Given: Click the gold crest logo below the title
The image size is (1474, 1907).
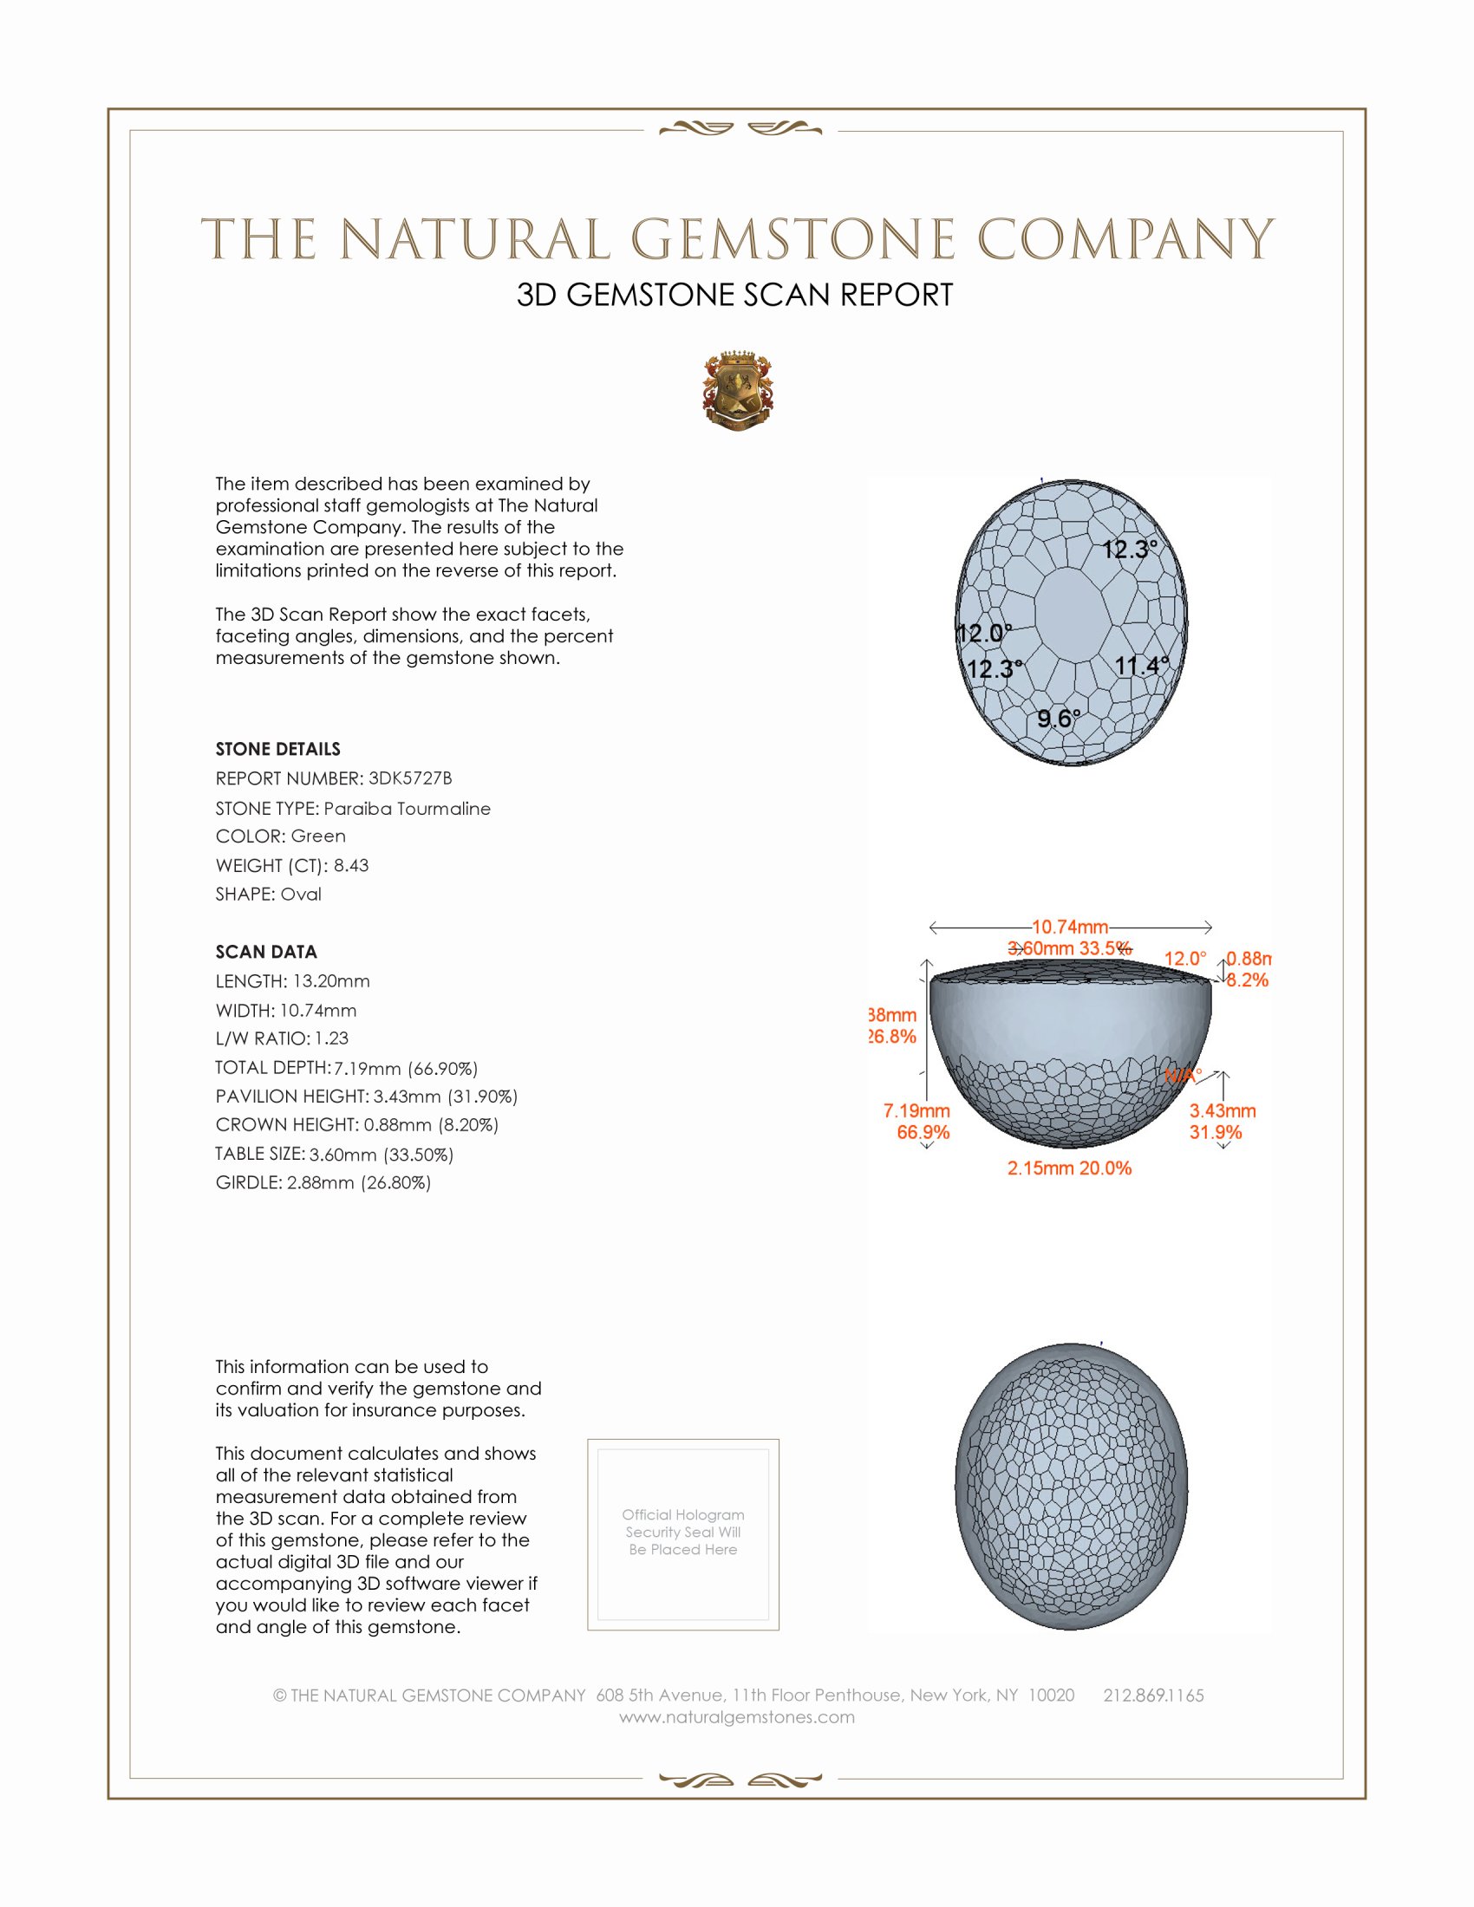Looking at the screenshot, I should pyautogui.click(x=738, y=391).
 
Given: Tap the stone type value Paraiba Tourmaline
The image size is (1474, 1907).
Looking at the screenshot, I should pyautogui.click(x=407, y=809).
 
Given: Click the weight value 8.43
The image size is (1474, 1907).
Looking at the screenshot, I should pyautogui.click(x=351, y=865).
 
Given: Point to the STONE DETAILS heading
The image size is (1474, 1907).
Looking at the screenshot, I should pyautogui.click(x=277, y=749).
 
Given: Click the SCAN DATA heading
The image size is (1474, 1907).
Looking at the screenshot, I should pyautogui.click(x=266, y=952).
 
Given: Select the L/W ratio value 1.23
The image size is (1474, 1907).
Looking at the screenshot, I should pyautogui.click(x=332, y=1038).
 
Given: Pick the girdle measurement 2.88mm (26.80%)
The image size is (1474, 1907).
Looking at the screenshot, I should pyautogui.click(x=359, y=1182).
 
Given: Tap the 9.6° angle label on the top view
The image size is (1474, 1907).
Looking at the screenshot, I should pyautogui.click(x=1059, y=719).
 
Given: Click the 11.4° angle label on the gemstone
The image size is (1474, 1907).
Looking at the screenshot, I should pyautogui.click(x=1141, y=666).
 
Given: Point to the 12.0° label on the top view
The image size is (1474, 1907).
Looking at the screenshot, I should pyautogui.click(x=984, y=632).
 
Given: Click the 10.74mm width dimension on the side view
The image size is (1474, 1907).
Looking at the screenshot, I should pyautogui.click(x=1070, y=927).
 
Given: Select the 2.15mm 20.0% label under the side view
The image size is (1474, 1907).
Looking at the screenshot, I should pyautogui.click(x=1069, y=1168).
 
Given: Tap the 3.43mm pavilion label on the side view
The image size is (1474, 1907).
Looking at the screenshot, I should pyautogui.click(x=1222, y=1110).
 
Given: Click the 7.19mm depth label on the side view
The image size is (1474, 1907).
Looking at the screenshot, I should pyautogui.click(x=916, y=1110).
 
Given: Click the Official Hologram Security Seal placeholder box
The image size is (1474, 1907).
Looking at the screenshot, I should pyautogui.click(x=683, y=1534).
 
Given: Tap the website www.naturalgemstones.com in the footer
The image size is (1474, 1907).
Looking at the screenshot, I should pyautogui.click(x=737, y=1716).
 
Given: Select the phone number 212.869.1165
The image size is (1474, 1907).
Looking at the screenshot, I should pyautogui.click(x=1152, y=1695).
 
